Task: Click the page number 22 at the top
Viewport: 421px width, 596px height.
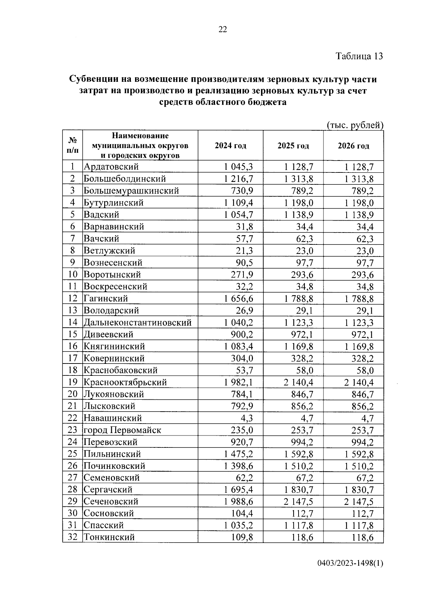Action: pyautogui.click(x=223, y=30)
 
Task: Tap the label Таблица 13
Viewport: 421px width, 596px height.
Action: pyautogui.click(x=359, y=56)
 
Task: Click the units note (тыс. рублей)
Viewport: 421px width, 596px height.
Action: pyautogui.click(x=354, y=125)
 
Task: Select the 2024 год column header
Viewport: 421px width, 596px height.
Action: pyautogui.click(x=230, y=146)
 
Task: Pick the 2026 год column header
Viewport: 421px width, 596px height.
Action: pyautogui.click(x=353, y=146)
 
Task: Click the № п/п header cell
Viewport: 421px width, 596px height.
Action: pyautogui.click(x=73, y=145)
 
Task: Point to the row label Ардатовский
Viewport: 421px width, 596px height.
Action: pyautogui.click(x=111, y=167)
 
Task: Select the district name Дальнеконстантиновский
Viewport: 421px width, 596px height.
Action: pyautogui.click(x=138, y=322)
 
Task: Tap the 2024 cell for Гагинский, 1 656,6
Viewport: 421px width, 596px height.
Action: pyautogui.click(x=239, y=299)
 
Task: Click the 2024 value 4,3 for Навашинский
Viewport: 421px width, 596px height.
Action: pyautogui.click(x=246, y=418)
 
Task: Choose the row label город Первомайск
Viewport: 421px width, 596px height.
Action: pyautogui.click(x=122, y=430)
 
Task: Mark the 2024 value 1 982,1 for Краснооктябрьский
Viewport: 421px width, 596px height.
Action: pyautogui.click(x=239, y=382)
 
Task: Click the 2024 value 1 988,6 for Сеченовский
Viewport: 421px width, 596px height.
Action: pyautogui.click(x=239, y=502)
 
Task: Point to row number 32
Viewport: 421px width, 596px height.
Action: pyautogui.click(x=72, y=537)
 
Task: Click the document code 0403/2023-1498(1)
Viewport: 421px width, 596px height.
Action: pyautogui.click(x=350, y=564)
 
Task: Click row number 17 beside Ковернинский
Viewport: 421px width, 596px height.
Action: pyautogui.click(x=72, y=358)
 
